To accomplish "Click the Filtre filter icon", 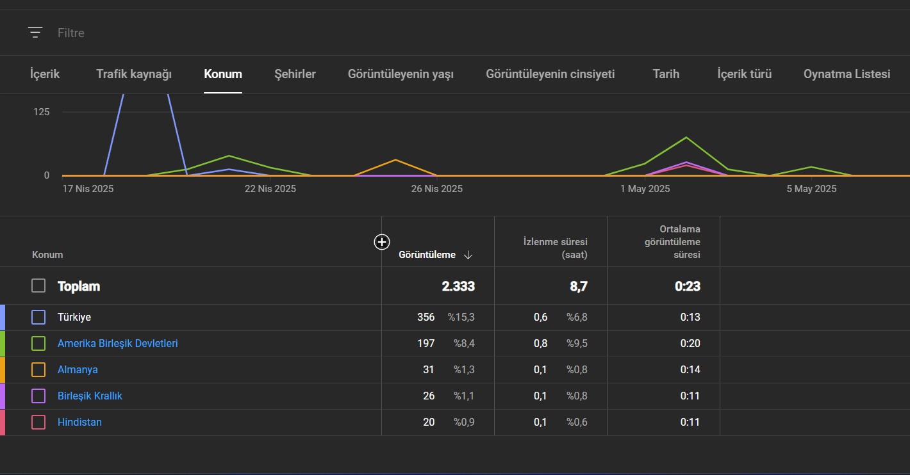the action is pyautogui.click(x=35, y=33).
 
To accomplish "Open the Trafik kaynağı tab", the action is pyautogui.click(x=134, y=74).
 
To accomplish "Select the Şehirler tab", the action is pyautogui.click(x=295, y=74).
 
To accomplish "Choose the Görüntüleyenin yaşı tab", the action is pyautogui.click(x=401, y=74).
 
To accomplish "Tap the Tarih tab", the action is pyautogui.click(x=666, y=74).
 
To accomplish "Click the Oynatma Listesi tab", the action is pyautogui.click(x=847, y=74).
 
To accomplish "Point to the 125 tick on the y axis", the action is pyautogui.click(x=42, y=112).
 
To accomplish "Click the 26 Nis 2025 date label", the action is pyautogui.click(x=436, y=189).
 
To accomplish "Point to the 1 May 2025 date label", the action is pyautogui.click(x=645, y=189).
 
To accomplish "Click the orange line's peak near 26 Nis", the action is pyautogui.click(x=395, y=160).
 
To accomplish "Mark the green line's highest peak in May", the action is pyautogui.click(x=686, y=138).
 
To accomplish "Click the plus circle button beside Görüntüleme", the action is pyautogui.click(x=382, y=242).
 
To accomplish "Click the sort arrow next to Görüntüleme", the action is pyautogui.click(x=468, y=255).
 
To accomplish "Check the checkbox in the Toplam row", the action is pyautogui.click(x=38, y=286).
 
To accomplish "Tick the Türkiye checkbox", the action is pyautogui.click(x=38, y=317).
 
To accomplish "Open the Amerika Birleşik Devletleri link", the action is pyautogui.click(x=118, y=344).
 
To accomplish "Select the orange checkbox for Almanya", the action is pyautogui.click(x=38, y=369).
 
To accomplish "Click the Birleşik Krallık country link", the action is pyautogui.click(x=90, y=396).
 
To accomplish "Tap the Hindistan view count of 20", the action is pyautogui.click(x=429, y=423).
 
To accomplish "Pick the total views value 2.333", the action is pyautogui.click(x=458, y=286).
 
